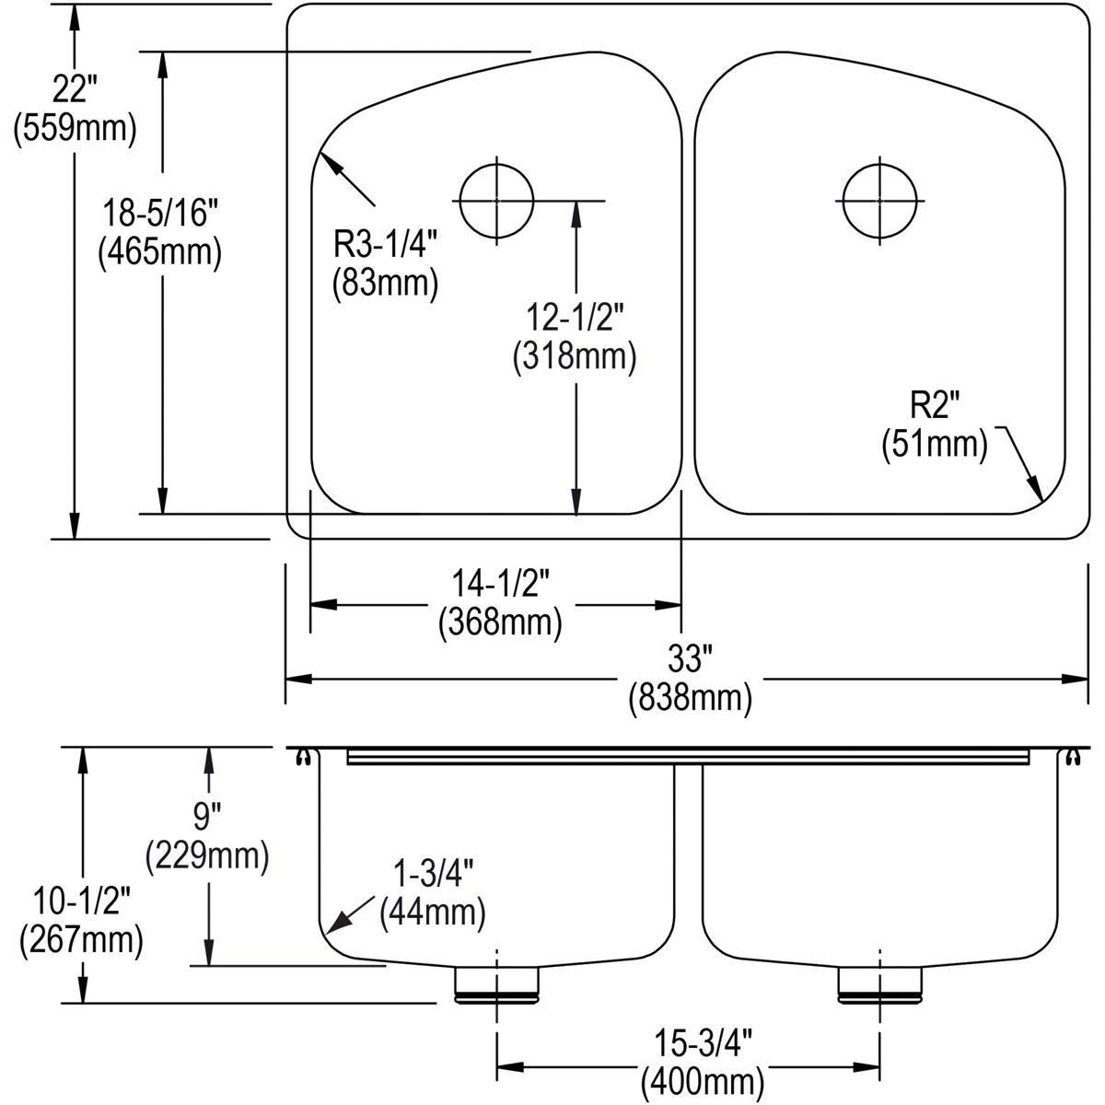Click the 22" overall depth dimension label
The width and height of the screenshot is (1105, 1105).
pos(75,90)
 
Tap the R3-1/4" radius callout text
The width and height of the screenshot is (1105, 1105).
pos(385,246)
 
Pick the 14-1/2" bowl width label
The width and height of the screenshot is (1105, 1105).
pos(500,583)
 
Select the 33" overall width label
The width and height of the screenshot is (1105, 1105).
pos(690,660)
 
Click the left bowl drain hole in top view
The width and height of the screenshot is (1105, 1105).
pos(496,201)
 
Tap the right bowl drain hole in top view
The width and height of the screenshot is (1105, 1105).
pos(881,201)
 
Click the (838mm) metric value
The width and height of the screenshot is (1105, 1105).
pos(690,699)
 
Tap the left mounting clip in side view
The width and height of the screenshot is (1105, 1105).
pos(302,757)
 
